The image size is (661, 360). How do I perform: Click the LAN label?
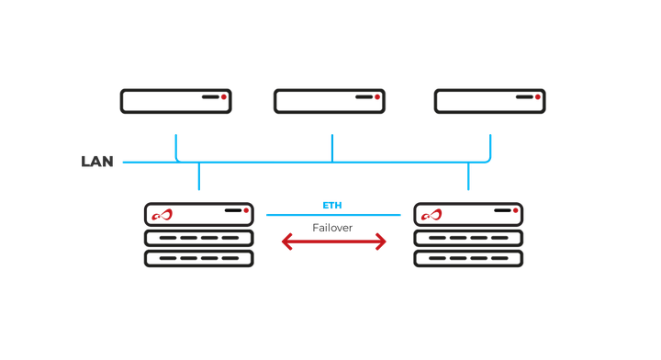pos(97,163)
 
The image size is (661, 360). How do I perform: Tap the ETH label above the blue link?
pos(332,205)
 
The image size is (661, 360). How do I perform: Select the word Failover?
pos(332,227)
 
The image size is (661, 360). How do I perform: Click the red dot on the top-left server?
pos(223,96)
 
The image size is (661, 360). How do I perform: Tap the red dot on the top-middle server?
pos(377,96)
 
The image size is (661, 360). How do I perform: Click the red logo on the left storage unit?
pos(162,216)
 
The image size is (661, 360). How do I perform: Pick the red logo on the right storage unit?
pos(431,216)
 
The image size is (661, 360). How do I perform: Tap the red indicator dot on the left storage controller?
pos(245,210)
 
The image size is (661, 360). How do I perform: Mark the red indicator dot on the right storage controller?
pos(515,210)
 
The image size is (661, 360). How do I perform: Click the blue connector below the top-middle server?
pos(331,147)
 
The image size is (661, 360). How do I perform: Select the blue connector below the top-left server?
pos(174,147)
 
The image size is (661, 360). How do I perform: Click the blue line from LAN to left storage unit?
pos(197,177)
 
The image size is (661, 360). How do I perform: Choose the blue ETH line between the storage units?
pos(333,215)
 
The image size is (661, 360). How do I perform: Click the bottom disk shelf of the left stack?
pos(198,258)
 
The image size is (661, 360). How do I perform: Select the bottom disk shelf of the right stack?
pos(468,258)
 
